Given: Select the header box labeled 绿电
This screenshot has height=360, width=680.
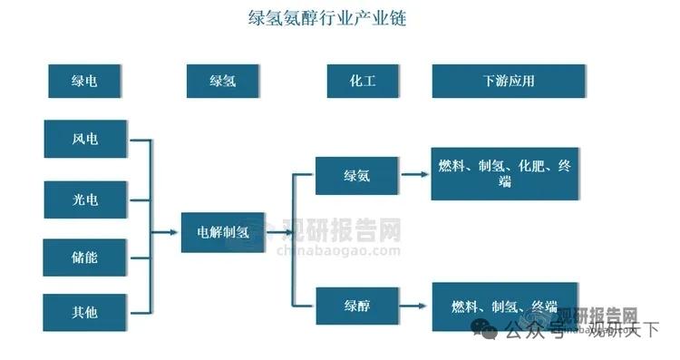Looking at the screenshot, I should pyautogui.click(x=85, y=81).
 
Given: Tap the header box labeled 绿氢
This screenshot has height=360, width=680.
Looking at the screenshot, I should pyautogui.click(x=223, y=81).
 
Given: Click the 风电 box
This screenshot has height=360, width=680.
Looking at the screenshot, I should pyautogui.click(x=85, y=140).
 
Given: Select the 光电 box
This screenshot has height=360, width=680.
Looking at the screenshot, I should pyautogui.click(x=85, y=199).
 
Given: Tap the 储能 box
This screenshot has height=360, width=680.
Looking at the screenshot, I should pyautogui.click(x=85, y=257).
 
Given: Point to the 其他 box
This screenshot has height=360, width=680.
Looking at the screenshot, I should pyautogui.click(x=85, y=311).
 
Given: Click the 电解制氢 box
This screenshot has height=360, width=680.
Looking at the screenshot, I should pyautogui.click(x=223, y=232).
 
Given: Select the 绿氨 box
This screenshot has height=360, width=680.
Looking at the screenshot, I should pyautogui.click(x=356, y=175).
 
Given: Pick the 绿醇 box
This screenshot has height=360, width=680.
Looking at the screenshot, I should pyautogui.click(x=356, y=305).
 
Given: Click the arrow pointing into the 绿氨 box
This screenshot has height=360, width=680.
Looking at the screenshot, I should pyautogui.click(x=304, y=175).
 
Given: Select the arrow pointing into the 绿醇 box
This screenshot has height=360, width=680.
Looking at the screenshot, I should pyautogui.click(x=304, y=305).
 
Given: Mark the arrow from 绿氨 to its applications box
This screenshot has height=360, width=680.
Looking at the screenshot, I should pyautogui.click(x=415, y=175).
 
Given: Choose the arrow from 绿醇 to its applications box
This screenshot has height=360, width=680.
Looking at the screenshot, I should pyautogui.click(x=415, y=305).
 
